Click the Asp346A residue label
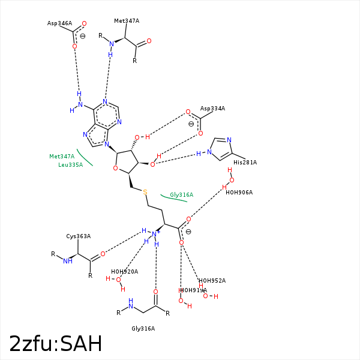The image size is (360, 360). tap(59, 23)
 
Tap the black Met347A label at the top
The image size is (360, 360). tap(127, 21)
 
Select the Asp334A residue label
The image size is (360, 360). tap(212, 109)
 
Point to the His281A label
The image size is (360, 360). tap(245, 162)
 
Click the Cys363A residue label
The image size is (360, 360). tap(78, 236)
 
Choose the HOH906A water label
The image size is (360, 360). tap(239, 193)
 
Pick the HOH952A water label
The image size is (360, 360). tap(212, 281)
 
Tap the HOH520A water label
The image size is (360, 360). tap(124, 272)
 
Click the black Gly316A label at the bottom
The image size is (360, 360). tap(143, 329)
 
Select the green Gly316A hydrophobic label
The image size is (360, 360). tap(181, 195)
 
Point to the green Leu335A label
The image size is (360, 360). tap(71, 164)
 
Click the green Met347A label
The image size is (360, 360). tap(62, 157)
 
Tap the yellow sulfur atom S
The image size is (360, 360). tap(145, 192)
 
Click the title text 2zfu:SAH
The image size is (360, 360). tap(55, 344)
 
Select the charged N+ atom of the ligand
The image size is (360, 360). tap(155, 234)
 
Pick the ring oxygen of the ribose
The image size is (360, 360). tap(115, 169)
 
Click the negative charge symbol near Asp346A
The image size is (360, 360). tap(82, 36)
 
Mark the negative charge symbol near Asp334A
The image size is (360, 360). tap(191, 124)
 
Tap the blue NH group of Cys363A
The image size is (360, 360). tap(68, 261)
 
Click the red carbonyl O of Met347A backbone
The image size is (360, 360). tap(149, 41)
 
